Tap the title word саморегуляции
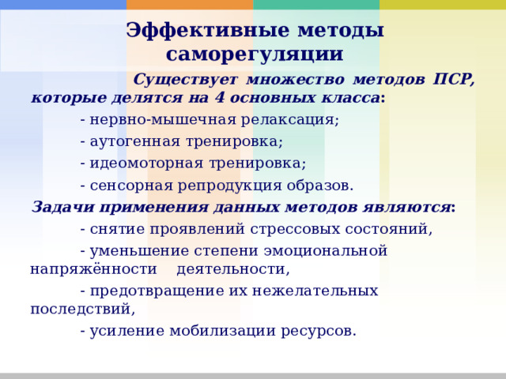pos(255,54)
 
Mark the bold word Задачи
pos(59,208)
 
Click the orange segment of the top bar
pos(190,5)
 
